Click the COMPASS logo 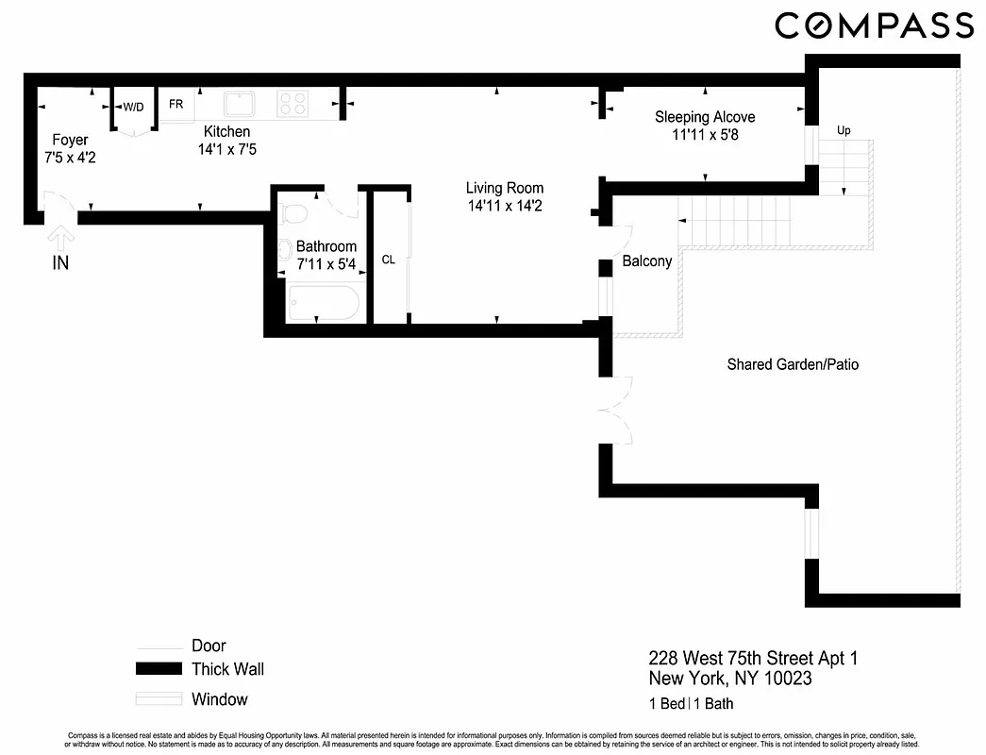coord(874,25)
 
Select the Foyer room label coord(70,141)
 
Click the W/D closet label coord(134,107)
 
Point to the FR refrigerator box coord(176,105)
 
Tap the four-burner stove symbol coord(292,104)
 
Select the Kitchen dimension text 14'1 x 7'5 coord(227,149)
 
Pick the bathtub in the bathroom coord(324,303)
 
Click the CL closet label coord(388,260)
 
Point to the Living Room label coord(505,188)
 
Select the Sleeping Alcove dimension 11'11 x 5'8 coord(705,135)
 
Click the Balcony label coord(646,261)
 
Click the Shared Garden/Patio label coord(793,364)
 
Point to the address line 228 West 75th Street coord(753,658)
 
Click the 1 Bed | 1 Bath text coord(691,703)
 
